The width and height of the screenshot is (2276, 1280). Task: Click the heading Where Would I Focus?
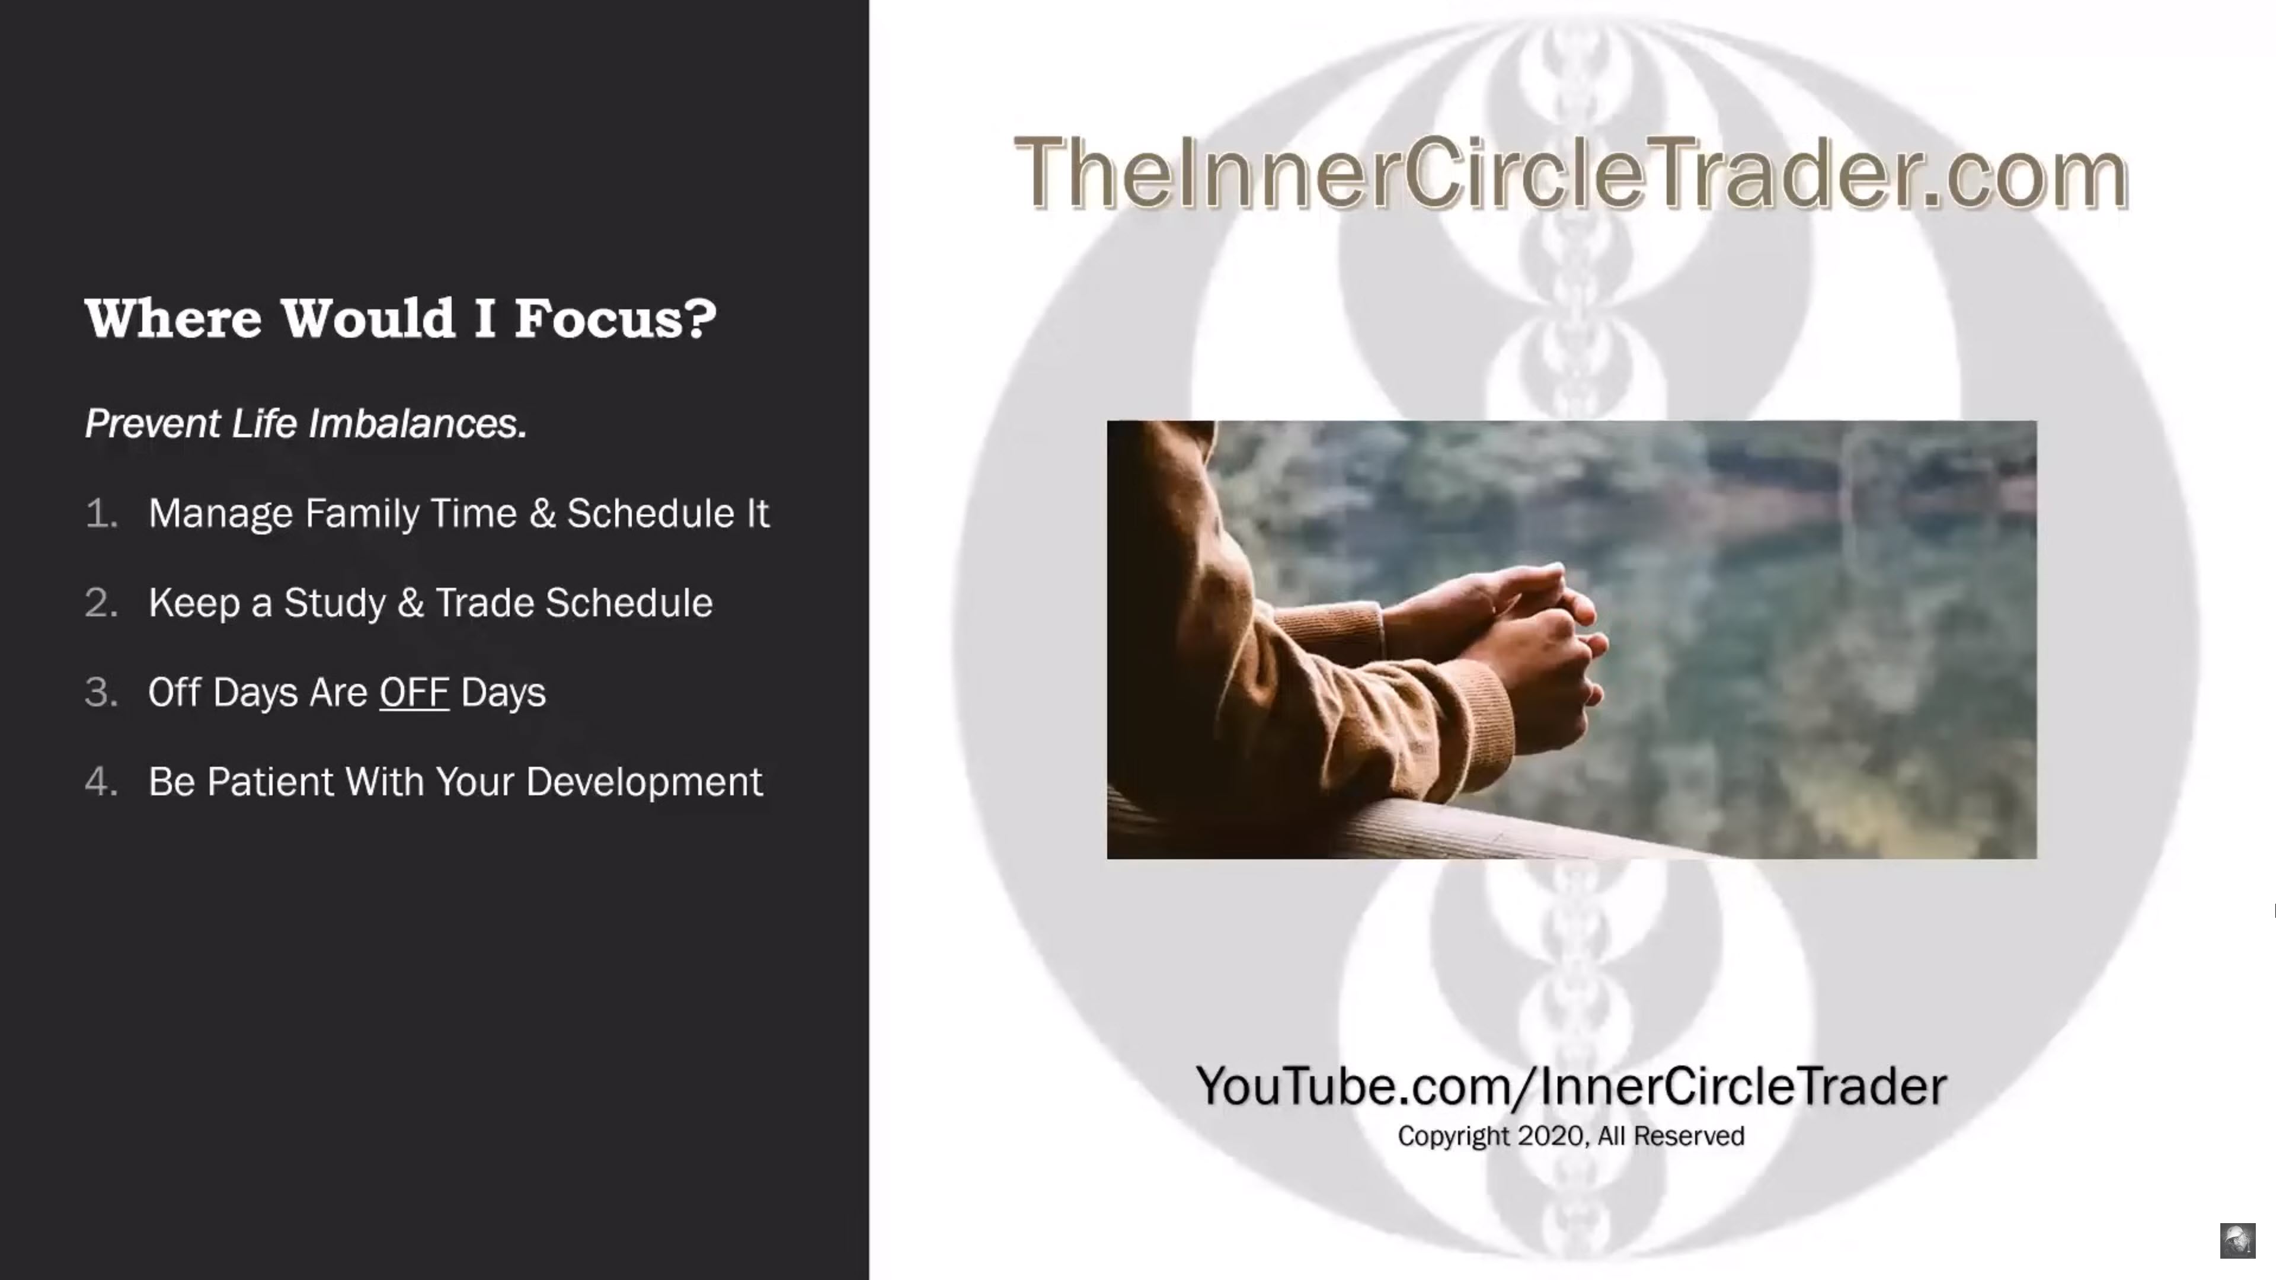(400, 318)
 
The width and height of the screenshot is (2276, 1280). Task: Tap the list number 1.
(101, 513)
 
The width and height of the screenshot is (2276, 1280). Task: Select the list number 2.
(101, 603)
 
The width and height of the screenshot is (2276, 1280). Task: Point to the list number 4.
(101, 782)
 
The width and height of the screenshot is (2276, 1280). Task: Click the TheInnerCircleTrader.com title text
(1571, 172)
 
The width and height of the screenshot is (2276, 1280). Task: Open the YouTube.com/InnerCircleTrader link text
(1571, 1086)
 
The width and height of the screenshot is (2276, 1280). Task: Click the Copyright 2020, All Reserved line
(1571, 1136)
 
